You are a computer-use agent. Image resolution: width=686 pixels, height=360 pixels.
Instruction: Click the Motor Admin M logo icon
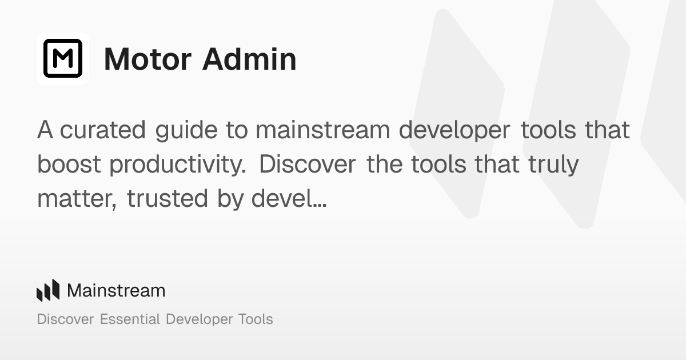(63, 58)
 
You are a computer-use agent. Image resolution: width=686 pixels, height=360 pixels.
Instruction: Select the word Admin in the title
(249, 59)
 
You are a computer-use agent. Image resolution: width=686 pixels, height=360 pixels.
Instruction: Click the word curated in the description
(103, 130)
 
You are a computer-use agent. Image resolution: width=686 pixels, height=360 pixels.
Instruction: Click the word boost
(69, 165)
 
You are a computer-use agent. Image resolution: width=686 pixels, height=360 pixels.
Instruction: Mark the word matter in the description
(78, 199)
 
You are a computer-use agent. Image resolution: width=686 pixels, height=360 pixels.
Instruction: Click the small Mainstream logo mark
(48, 290)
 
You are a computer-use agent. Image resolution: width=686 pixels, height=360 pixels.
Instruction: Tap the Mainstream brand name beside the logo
(116, 290)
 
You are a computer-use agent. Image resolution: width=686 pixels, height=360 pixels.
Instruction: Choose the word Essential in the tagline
(130, 319)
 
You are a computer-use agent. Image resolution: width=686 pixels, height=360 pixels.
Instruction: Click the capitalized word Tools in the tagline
(254, 319)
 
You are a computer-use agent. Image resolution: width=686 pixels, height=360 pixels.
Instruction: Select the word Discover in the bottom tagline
(65, 319)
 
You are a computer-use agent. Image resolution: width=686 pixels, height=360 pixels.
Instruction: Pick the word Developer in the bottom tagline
(198, 319)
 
